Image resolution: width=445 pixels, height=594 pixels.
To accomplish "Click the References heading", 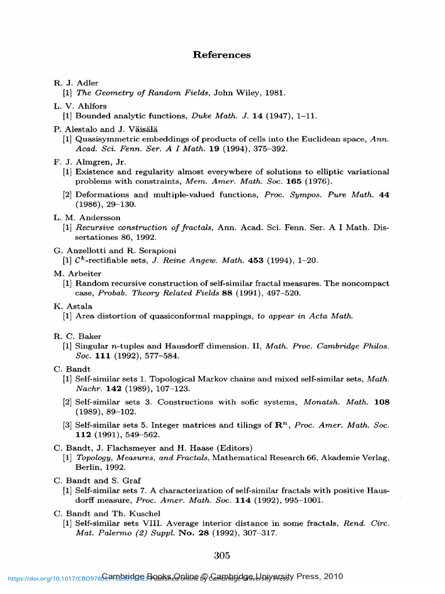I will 222,55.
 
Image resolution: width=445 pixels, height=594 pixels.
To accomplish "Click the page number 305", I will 222,556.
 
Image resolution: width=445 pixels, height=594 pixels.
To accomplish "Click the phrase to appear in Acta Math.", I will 305,316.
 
